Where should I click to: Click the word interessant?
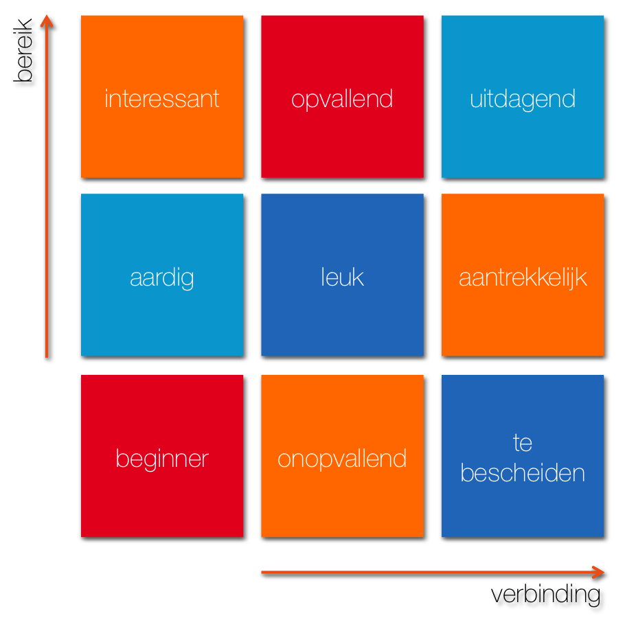(x=162, y=98)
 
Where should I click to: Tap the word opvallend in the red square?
(x=342, y=99)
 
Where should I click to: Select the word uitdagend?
(x=523, y=99)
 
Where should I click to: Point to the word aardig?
(x=162, y=277)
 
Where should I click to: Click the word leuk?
(x=343, y=277)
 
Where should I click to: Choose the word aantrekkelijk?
(x=523, y=277)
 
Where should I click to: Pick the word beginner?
(x=162, y=459)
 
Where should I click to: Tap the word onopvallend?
(x=342, y=459)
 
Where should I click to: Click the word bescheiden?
(x=523, y=473)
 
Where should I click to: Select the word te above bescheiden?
(x=523, y=443)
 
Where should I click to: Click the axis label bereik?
(x=23, y=50)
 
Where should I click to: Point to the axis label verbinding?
(x=545, y=595)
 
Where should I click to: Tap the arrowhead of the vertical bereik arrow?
(x=47, y=21)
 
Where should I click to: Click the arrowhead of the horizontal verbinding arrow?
(x=598, y=572)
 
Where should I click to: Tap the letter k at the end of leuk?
(x=358, y=277)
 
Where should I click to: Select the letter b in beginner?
(x=122, y=458)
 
